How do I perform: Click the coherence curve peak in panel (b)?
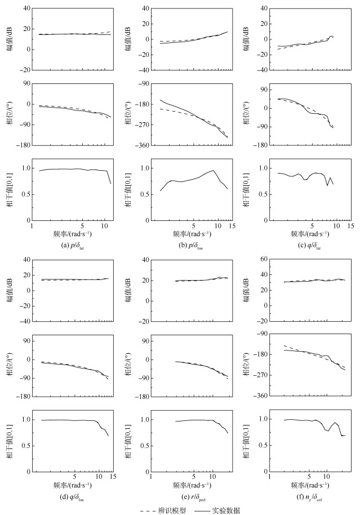(x=214, y=170)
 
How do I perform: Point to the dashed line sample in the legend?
(x=147, y=509)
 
